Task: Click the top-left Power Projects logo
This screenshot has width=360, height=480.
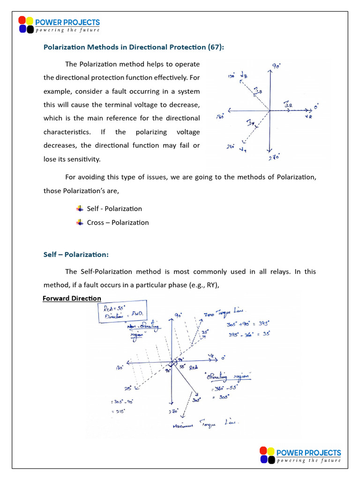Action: coord(59,25)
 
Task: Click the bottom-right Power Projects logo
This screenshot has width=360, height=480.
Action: coord(300,456)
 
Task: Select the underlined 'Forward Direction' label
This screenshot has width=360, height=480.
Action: coord(72,298)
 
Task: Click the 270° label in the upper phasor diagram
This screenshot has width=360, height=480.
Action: coord(274,158)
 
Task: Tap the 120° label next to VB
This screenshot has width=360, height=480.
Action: coord(231,75)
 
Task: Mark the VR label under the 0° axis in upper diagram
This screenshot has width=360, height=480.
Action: coord(308,116)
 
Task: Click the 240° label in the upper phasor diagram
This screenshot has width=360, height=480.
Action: coord(230,146)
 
